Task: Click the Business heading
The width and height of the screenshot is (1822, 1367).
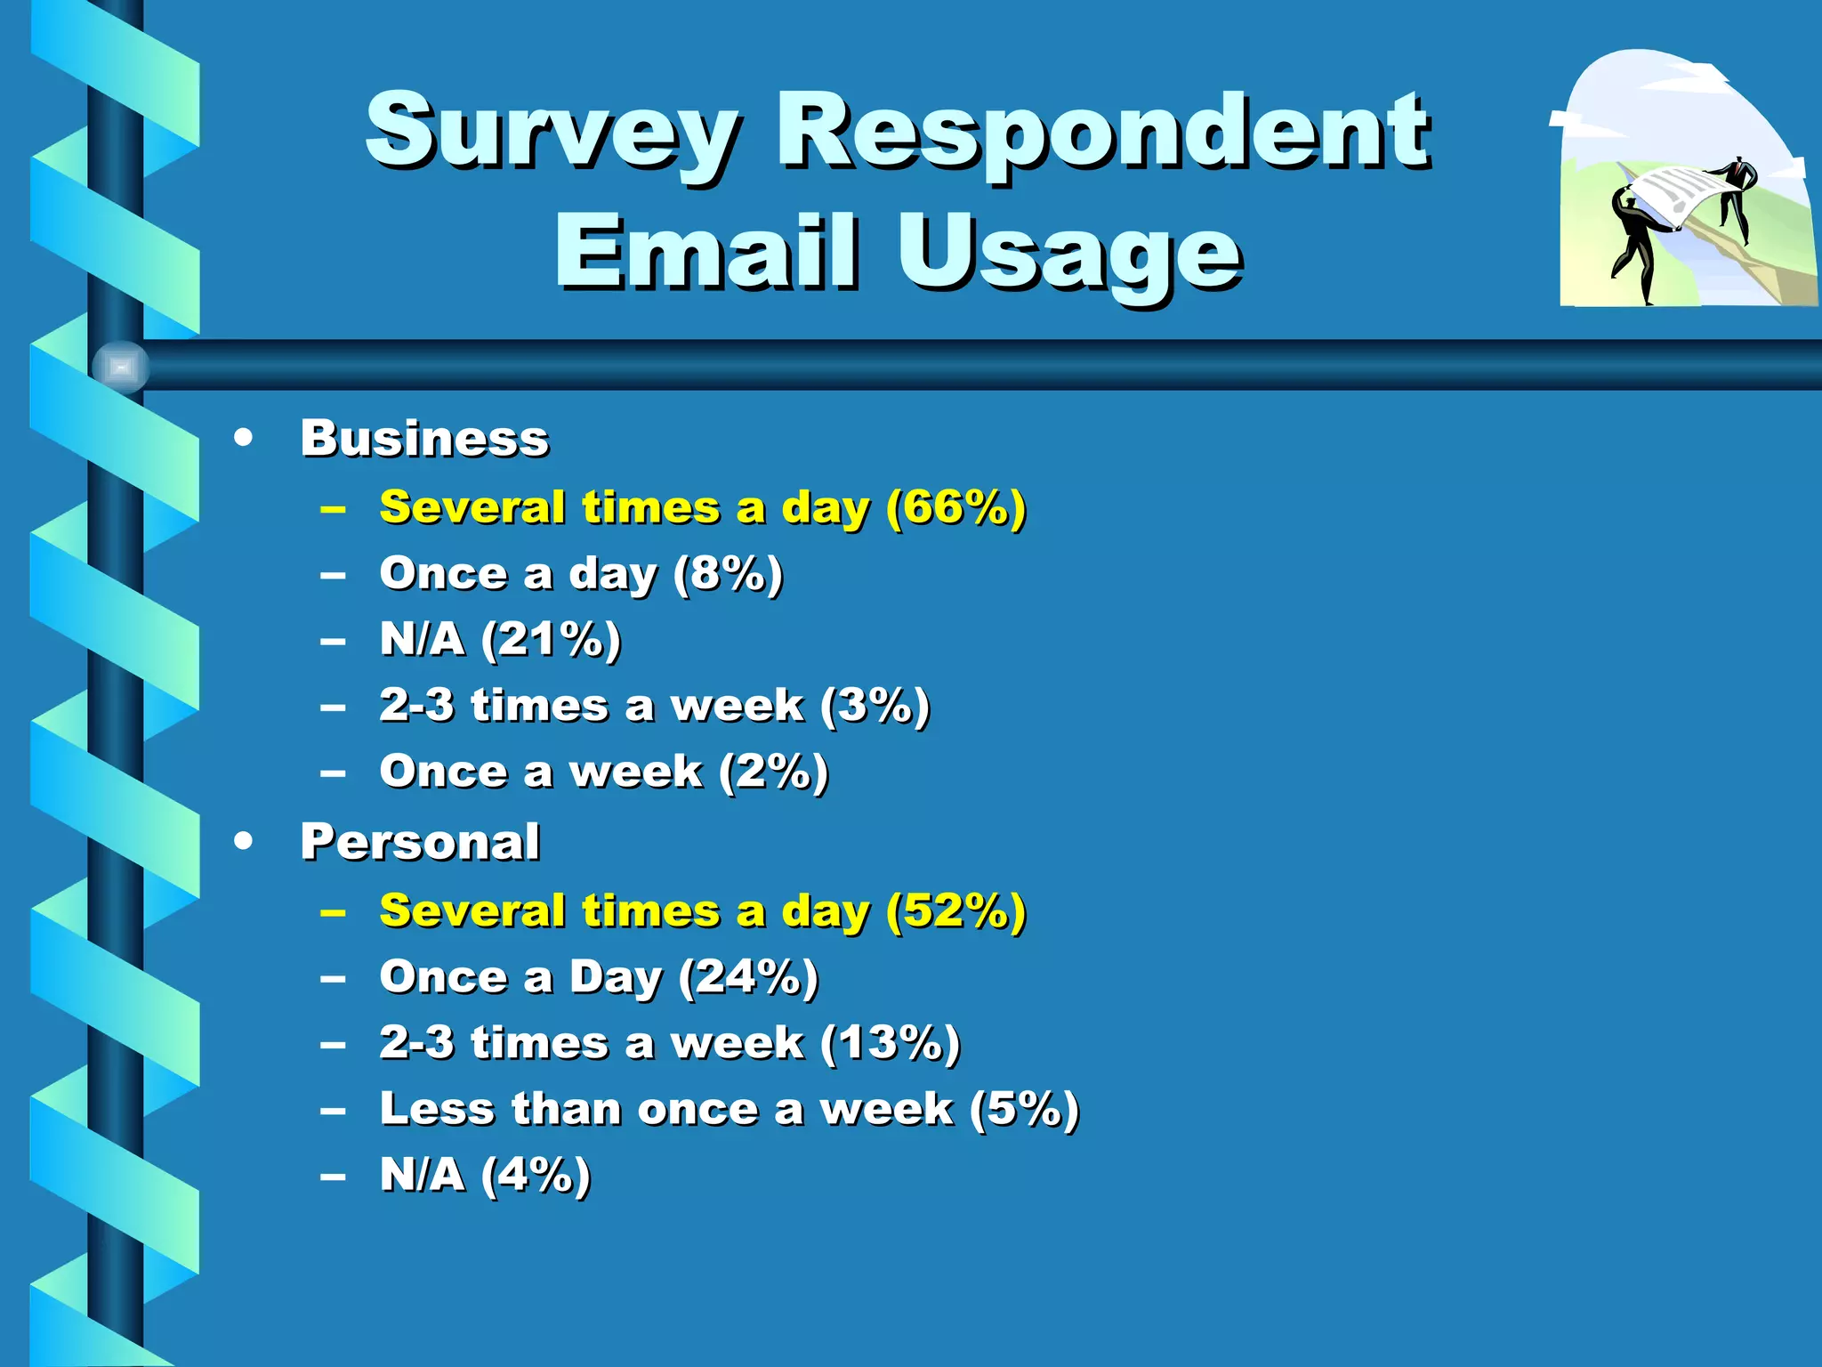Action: (x=424, y=439)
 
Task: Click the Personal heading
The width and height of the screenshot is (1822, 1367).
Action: (x=420, y=842)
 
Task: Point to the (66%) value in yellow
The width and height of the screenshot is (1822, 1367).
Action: (x=956, y=508)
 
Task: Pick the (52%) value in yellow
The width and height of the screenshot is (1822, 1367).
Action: (x=956, y=911)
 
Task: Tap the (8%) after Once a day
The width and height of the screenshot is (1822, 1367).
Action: (x=729, y=574)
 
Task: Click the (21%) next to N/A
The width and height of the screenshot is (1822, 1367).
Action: (x=552, y=640)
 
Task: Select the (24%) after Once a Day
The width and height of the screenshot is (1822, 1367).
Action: (x=748, y=977)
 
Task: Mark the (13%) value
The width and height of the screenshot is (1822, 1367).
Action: (x=890, y=1043)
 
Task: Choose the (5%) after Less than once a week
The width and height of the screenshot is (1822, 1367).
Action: (x=1024, y=1109)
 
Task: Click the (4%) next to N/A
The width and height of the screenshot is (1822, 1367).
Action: (x=536, y=1175)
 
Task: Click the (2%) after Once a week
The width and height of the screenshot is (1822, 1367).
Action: (x=774, y=772)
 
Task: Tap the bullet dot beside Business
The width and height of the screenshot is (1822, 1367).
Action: (x=243, y=438)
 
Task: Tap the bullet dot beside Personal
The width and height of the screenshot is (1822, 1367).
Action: (x=243, y=841)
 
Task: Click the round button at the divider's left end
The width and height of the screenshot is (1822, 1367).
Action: (x=121, y=367)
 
